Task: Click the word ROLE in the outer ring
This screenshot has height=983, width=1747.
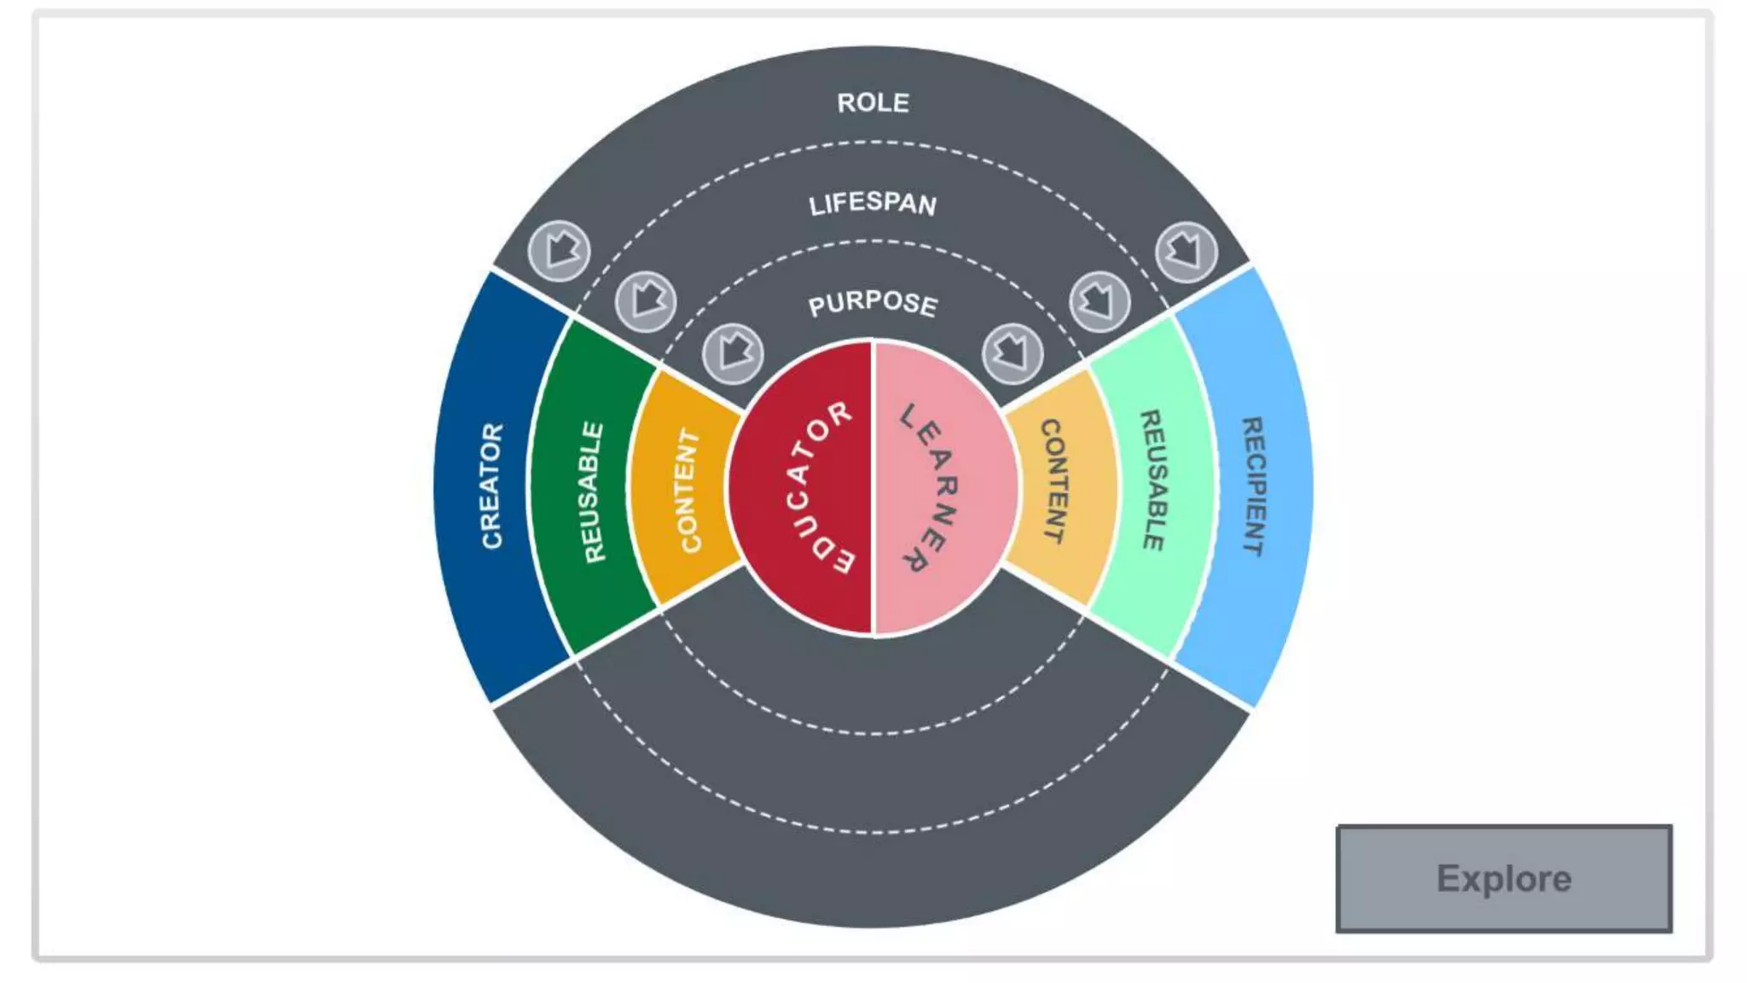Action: pyautogui.click(x=873, y=103)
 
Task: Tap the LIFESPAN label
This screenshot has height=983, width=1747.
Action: pyautogui.click(x=873, y=204)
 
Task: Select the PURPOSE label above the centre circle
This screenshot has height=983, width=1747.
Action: pyautogui.click(x=873, y=303)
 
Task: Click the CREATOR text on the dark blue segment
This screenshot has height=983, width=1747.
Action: pyautogui.click(x=492, y=486)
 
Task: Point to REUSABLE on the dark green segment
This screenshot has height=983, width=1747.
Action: pyautogui.click(x=593, y=491)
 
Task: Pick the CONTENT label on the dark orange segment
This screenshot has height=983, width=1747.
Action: pyautogui.click(x=689, y=490)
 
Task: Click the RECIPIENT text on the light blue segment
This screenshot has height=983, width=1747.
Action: pyautogui.click(x=1253, y=486)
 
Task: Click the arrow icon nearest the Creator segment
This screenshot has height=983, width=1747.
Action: pyautogui.click(x=559, y=251)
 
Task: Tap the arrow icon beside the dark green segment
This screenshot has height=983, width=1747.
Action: pyautogui.click(x=646, y=301)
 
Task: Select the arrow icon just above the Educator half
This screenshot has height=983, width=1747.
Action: pyautogui.click(x=733, y=352)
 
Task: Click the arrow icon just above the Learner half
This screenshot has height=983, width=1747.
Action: pyautogui.click(x=1013, y=352)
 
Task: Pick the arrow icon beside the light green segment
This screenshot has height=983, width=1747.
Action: pyautogui.click(x=1100, y=301)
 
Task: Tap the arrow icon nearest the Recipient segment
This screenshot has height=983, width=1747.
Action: pyautogui.click(x=1186, y=252)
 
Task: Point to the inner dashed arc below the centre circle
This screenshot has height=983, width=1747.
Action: pyautogui.click(x=873, y=733)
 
